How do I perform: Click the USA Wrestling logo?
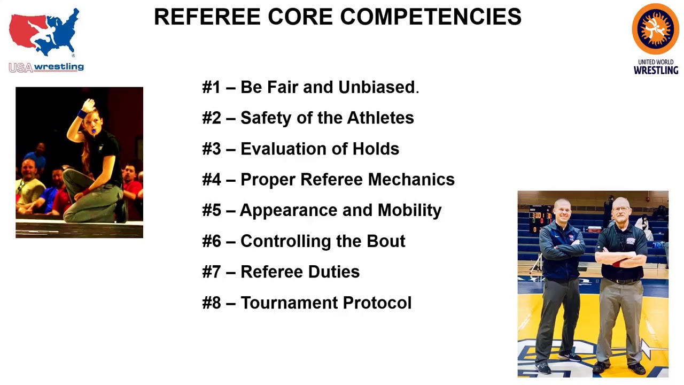pos(46,40)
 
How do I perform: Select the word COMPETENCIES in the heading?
pos(431,17)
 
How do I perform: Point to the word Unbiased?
pos(377,87)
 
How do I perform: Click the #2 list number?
pos(212,118)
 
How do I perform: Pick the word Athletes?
pos(380,118)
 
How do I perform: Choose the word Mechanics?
pos(411,180)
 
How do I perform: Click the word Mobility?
pos(409,210)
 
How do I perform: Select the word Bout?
pos(386,241)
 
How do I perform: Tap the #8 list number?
pos(212,303)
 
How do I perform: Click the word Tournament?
pos(289,303)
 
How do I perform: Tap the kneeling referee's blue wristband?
pos(82,114)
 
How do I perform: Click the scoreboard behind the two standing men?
pos(541,220)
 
